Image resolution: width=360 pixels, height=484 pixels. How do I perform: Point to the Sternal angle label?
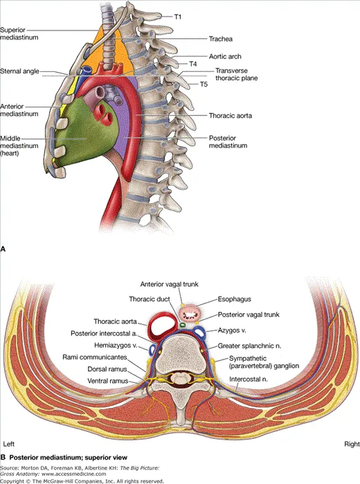(20, 71)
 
